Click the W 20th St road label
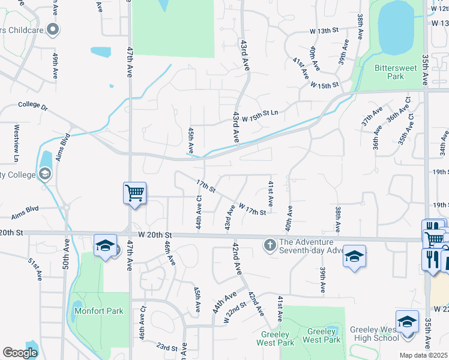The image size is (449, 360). click(155, 235)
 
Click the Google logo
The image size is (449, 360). click(20, 353)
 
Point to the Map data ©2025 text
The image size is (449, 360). click(423, 355)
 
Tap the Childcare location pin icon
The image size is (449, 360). click(53, 29)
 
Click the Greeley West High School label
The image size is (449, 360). click(375, 334)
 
